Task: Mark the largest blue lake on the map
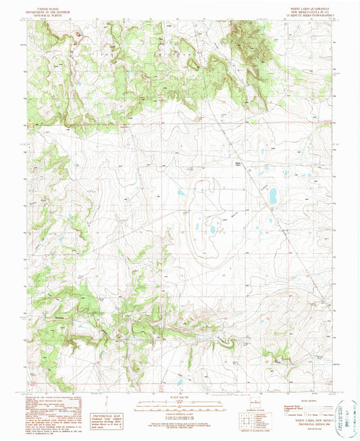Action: click(274, 197)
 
